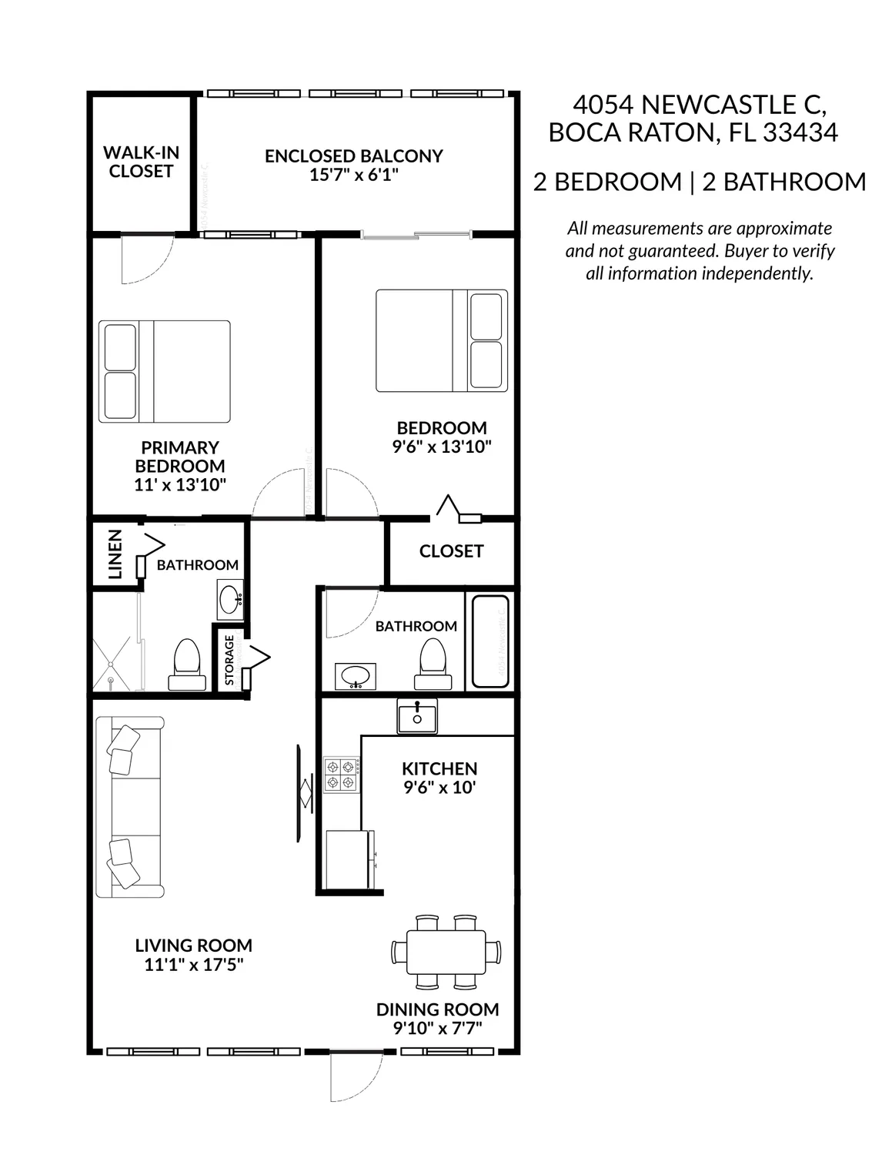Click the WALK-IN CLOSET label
pos(141,162)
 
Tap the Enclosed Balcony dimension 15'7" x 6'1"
pos(353,176)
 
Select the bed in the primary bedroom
pos(165,371)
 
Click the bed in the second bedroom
pos(442,340)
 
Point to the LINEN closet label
pos(115,554)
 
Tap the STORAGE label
pos(229,660)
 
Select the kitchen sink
pos(417,717)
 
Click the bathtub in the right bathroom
pos(490,641)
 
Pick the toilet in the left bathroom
pos(187,665)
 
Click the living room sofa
pos(129,807)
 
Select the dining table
pos(446,952)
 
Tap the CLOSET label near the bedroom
pos(451,551)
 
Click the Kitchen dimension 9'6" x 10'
pos(439,788)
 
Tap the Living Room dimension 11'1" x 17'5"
pos(193,966)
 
